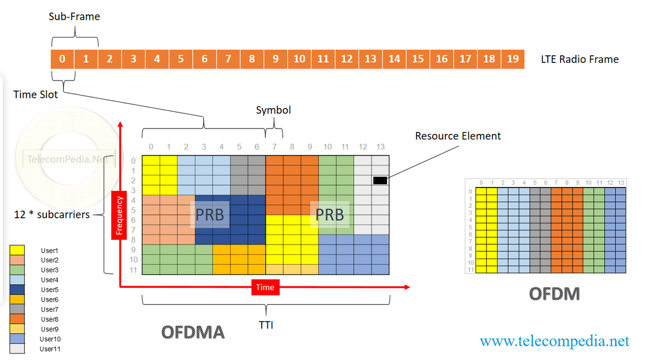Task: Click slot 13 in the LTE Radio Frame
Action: point(370,59)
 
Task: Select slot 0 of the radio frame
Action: point(62,59)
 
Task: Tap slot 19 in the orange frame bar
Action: point(513,59)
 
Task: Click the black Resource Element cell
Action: point(380,180)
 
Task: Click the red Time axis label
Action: point(265,287)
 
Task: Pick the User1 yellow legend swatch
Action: point(17,250)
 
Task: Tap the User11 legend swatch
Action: point(17,349)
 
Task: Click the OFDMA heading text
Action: point(192,332)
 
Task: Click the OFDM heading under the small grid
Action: point(554,294)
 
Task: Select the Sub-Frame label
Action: point(74,17)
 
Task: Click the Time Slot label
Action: point(36,95)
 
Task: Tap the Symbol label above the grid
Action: point(273,110)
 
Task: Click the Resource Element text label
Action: point(458,136)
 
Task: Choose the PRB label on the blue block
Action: point(210,214)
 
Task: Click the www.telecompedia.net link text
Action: point(554,341)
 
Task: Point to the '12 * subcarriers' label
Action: point(52,214)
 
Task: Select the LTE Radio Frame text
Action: point(580,60)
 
